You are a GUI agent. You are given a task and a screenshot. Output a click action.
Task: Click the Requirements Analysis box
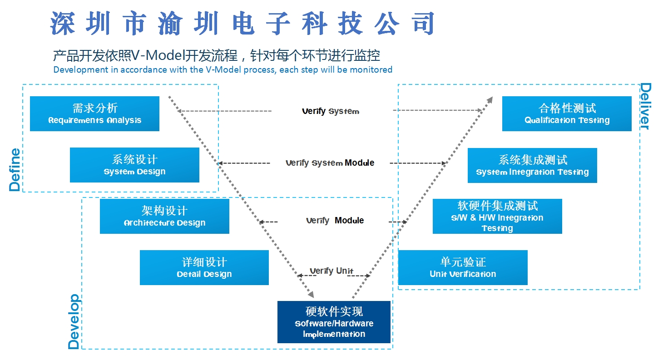(94, 113)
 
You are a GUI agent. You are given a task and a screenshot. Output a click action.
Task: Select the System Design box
(134, 165)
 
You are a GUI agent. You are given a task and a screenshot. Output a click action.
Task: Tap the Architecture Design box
(164, 216)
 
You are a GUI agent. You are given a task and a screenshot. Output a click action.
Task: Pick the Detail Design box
(204, 267)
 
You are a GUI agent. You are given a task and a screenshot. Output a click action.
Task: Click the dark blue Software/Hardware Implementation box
(334, 322)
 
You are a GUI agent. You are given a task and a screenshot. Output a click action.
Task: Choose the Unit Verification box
(463, 267)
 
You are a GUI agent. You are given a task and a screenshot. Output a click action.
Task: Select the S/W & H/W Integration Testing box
(497, 216)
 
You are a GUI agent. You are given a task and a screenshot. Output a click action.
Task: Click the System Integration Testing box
(532, 165)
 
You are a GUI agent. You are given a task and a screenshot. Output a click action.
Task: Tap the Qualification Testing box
(567, 113)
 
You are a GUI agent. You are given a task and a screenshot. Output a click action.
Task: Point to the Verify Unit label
(331, 271)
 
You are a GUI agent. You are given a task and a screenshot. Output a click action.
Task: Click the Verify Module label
(335, 221)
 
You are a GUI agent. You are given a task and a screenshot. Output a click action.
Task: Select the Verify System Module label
(330, 163)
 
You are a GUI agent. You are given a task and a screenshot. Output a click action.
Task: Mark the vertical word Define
(15, 169)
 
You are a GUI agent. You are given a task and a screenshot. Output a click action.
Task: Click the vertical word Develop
(74, 321)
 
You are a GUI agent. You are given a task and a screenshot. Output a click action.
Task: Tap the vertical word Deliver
(645, 106)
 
